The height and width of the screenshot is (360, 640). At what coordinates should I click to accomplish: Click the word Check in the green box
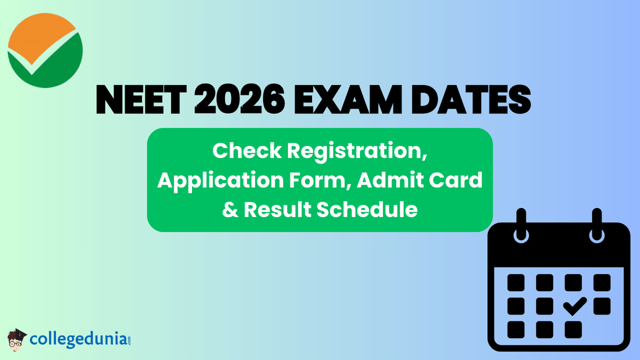(246, 151)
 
